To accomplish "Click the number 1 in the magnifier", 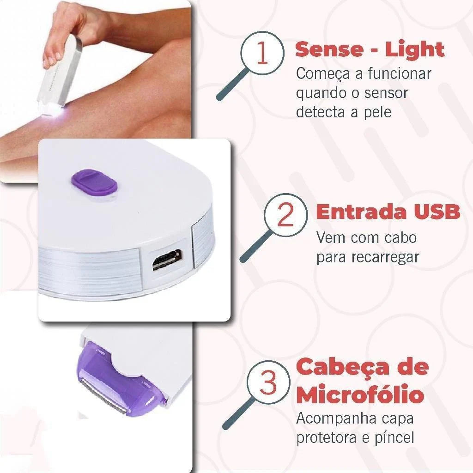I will point(262,54).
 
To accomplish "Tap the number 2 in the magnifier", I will point(285,215).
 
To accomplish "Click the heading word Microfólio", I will point(360,395).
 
